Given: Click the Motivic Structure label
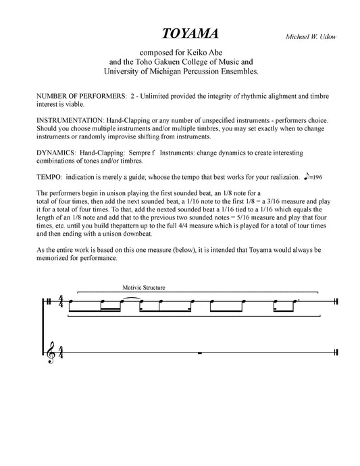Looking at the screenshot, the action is tap(144, 288).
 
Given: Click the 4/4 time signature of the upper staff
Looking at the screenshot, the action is tap(61, 303).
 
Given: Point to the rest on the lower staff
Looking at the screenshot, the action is tap(199, 353).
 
